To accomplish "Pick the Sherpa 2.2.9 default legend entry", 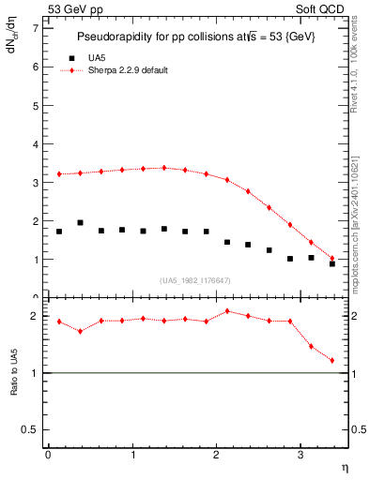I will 127,70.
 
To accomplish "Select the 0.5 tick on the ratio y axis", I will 30,429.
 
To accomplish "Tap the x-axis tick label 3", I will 300,455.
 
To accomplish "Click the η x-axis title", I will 344,466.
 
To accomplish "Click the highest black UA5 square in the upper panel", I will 80,223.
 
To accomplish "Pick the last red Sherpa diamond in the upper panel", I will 332,258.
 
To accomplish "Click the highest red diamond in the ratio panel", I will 227,311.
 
